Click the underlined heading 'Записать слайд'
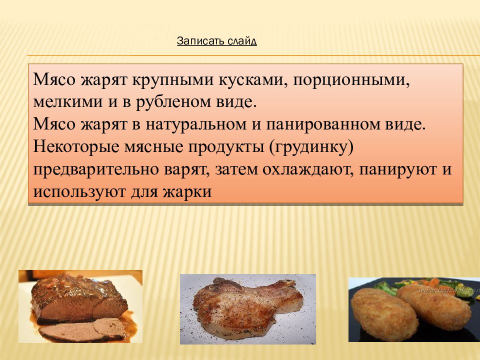[216, 41]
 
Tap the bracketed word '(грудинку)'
[311, 146]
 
